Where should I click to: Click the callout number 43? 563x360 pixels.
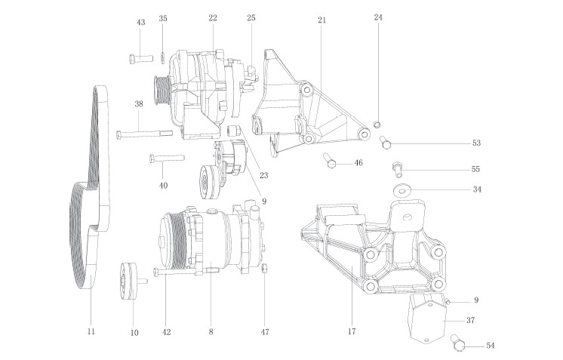140,23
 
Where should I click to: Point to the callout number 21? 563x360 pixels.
321,20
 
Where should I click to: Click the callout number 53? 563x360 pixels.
475,143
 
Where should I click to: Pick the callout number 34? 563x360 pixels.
476,189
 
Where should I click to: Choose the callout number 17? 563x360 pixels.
352,331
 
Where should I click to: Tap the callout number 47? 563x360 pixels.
265,331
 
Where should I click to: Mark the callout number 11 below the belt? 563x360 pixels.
91,331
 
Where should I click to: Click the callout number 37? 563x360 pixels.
470,320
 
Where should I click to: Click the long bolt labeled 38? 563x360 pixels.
143,134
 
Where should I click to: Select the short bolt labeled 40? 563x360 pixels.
166,158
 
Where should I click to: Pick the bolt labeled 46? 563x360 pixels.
331,160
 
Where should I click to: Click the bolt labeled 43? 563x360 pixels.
141,58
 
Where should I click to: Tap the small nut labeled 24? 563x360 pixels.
378,125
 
